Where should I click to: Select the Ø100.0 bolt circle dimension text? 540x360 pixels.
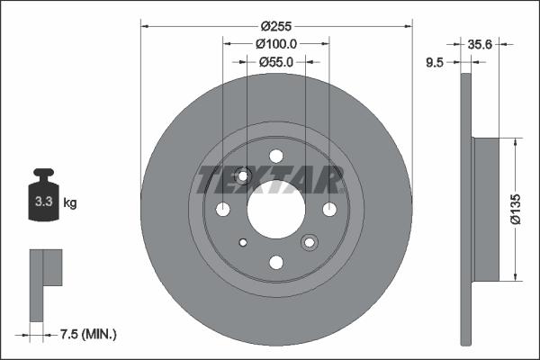pos(276,44)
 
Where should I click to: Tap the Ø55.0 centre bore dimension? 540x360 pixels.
pos(276,62)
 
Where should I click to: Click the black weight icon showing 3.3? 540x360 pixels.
pos(43,199)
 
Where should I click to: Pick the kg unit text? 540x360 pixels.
pos(70,203)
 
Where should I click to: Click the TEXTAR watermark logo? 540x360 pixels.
pos(270,180)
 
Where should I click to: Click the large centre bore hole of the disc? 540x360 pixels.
pos(276,209)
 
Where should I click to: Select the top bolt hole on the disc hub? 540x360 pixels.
pos(276,156)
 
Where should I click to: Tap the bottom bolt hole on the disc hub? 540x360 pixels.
pos(276,262)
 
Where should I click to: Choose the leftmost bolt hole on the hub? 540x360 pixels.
pos(223,209)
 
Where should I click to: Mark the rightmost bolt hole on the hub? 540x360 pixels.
pos(329,209)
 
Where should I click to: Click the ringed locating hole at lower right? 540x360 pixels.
pos(310,242)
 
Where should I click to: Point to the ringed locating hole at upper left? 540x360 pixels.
pos(243,175)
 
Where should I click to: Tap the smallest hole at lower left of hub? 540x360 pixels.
pos(243,242)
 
